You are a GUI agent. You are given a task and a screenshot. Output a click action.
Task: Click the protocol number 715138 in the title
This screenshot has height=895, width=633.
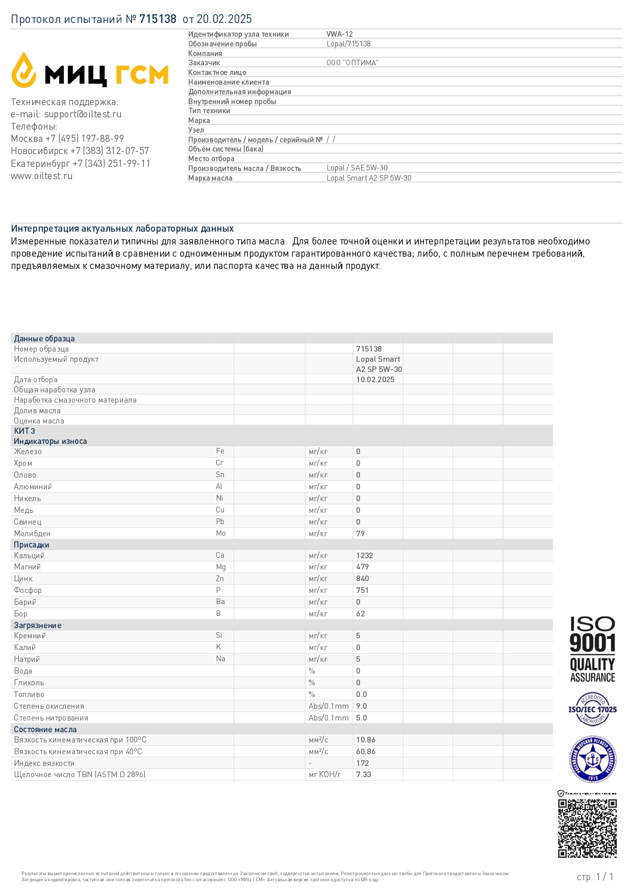tap(158, 19)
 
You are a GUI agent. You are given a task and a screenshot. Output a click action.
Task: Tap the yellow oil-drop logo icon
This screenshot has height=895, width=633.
tap(24, 70)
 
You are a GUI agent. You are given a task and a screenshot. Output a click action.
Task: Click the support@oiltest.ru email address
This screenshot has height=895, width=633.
tap(83, 114)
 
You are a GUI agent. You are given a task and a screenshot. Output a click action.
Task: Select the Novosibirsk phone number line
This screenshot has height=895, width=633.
tap(80, 151)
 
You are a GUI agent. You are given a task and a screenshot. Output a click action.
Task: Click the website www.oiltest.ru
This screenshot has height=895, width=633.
tap(42, 176)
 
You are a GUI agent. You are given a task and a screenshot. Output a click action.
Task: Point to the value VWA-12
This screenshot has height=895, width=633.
tap(340, 34)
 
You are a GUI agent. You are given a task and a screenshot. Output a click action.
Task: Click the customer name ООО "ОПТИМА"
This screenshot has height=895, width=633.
tap(352, 63)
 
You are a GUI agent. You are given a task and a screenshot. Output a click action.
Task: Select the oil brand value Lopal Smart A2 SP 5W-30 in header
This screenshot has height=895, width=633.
tap(369, 178)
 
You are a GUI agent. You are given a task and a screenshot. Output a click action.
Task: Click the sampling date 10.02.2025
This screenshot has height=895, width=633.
tap(375, 380)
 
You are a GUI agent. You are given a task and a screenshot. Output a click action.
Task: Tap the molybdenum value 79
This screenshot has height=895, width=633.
tap(361, 534)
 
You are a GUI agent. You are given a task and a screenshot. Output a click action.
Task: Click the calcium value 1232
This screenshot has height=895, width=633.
tap(364, 556)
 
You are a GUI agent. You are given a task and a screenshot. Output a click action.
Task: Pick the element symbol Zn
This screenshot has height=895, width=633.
tap(220, 579)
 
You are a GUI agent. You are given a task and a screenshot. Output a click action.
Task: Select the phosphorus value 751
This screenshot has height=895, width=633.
tap(362, 590)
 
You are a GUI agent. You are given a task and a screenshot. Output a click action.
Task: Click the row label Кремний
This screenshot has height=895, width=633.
tap(30, 636)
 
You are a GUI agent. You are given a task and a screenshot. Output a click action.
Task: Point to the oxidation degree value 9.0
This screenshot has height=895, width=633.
tap(361, 706)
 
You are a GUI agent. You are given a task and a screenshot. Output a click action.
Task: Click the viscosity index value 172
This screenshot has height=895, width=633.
tap(362, 763)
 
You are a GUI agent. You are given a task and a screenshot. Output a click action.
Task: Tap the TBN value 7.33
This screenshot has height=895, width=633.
tap(363, 775)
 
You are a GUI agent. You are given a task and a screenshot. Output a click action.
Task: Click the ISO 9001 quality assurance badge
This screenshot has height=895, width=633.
tap(592, 649)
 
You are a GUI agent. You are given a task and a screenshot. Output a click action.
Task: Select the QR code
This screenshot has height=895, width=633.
tap(587, 828)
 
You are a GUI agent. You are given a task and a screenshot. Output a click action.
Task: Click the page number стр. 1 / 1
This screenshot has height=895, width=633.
tap(595, 877)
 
